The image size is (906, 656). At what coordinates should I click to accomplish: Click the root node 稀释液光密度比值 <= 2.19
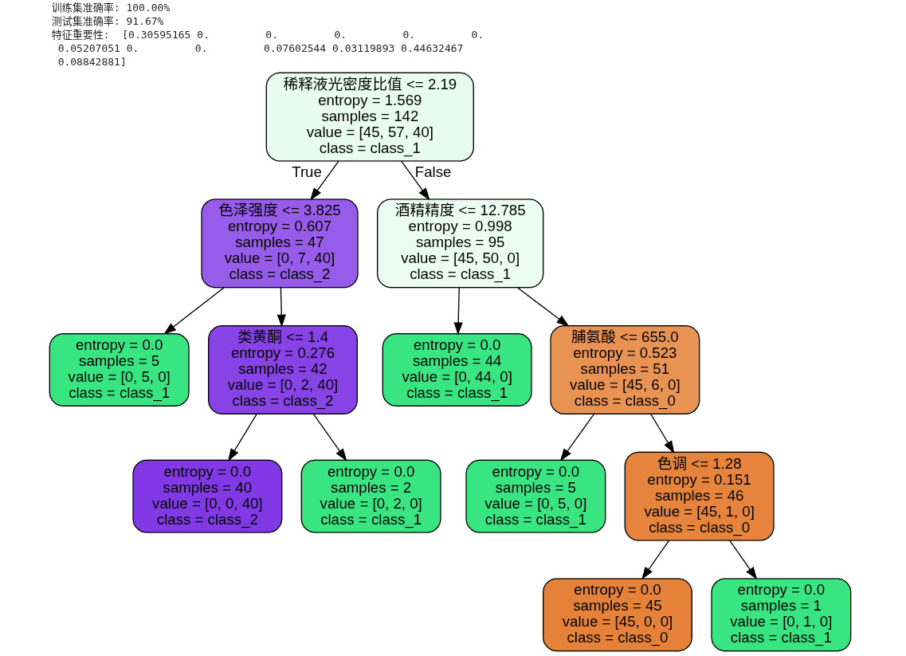pos(370,116)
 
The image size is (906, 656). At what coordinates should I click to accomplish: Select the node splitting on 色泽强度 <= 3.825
pos(280,243)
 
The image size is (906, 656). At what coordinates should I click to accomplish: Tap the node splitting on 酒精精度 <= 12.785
pos(460,243)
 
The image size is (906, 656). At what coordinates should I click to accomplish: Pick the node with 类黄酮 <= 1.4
pos(283,369)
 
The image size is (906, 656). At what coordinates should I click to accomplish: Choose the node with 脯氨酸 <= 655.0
pos(625,369)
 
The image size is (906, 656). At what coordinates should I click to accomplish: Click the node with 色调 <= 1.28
pos(699,496)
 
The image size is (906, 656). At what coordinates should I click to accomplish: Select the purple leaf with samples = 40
pos(207,496)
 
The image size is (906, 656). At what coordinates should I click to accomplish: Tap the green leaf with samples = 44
pos(457,369)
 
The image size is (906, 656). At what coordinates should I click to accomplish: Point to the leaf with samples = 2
pos(371,496)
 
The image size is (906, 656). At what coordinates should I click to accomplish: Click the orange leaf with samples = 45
pos(618,614)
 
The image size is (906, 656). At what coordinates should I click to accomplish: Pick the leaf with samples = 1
pos(781,614)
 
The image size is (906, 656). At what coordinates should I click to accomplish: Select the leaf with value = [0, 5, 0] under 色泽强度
pos(120,369)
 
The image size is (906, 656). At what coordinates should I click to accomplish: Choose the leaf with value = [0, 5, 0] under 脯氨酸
pos(535,496)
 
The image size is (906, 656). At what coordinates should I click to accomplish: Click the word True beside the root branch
pos(307,172)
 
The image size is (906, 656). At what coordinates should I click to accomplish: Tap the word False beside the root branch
pos(433,172)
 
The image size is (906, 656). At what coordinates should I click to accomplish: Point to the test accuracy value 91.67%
pos(144,21)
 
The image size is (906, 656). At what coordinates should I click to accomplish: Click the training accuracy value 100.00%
pos(147,8)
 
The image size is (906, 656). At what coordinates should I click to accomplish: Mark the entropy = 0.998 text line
pos(460,226)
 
